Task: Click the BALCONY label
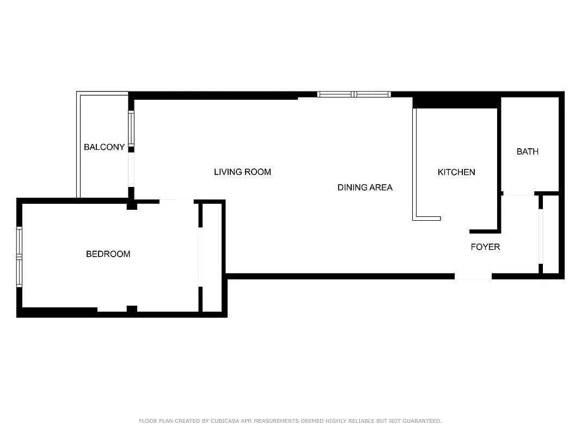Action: pos(104,147)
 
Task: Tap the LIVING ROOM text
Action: pos(242,172)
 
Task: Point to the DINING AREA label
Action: pos(365,187)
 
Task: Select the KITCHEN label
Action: pos(456,172)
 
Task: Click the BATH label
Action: pos(527,152)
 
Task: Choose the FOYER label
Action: pos(485,247)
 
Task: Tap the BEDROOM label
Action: pos(108,254)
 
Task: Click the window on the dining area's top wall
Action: pos(354,94)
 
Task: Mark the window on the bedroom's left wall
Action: pos(19,257)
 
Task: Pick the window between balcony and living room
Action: pos(131,128)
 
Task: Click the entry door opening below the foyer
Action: pos(473,277)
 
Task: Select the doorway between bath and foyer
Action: pos(518,193)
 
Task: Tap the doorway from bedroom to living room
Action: pos(176,201)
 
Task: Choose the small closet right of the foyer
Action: pos(551,234)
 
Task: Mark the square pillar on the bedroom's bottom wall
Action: pos(131,309)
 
